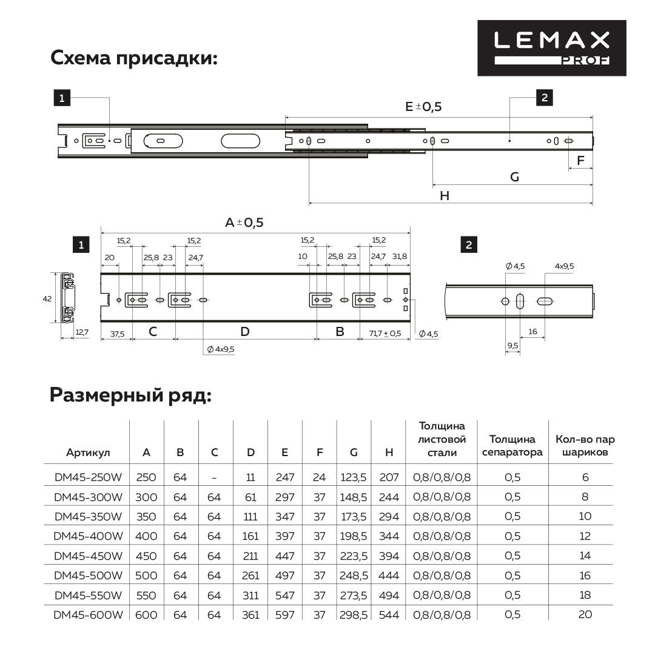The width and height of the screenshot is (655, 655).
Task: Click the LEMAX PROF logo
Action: click(551, 48)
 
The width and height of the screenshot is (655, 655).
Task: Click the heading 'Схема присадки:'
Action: click(134, 58)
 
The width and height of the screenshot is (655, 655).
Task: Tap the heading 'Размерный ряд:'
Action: click(130, 395)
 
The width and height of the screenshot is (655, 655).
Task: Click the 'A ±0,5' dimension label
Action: click(244, 223)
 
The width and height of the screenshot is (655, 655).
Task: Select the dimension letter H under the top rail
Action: click(445, 195)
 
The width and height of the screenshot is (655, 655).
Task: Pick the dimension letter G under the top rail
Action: click(514, 177)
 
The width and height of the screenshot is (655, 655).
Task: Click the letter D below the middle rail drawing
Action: click(244, 332)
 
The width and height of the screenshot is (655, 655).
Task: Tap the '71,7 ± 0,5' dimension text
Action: click(385, 333)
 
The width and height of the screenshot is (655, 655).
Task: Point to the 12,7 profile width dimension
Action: click(81, 332)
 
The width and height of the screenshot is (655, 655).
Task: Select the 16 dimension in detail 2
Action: click(533, 331)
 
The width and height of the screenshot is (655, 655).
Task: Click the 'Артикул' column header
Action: click(88, 452)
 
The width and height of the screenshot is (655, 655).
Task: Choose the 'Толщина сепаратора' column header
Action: click(512, 446)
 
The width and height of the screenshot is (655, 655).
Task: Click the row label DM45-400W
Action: click(88, 536)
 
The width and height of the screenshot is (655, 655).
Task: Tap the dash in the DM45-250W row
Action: click(214, 477)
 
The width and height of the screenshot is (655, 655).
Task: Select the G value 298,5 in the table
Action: click(354, 614)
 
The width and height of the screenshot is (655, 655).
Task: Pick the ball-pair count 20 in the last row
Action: click(585, 614)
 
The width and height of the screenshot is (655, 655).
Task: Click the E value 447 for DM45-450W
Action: click(284, 556)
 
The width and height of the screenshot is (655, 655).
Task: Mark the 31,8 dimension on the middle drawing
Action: click(400, 257)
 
